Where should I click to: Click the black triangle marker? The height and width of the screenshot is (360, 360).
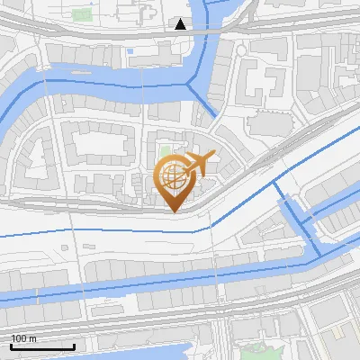(x=181, y=24)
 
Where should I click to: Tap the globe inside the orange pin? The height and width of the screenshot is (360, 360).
(x=174, y=176)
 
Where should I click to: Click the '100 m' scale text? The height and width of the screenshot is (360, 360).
(x=24, y=338)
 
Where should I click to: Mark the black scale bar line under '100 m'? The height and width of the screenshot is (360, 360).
(x=41, y=346)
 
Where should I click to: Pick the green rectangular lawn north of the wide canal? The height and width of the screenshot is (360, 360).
(x=82, y=14)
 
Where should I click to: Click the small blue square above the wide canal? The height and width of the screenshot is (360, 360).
(x=130, y=51)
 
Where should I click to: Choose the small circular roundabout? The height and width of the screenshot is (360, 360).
(x=240, y=50)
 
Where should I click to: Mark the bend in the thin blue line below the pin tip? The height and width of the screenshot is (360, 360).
(x=194, y=230)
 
